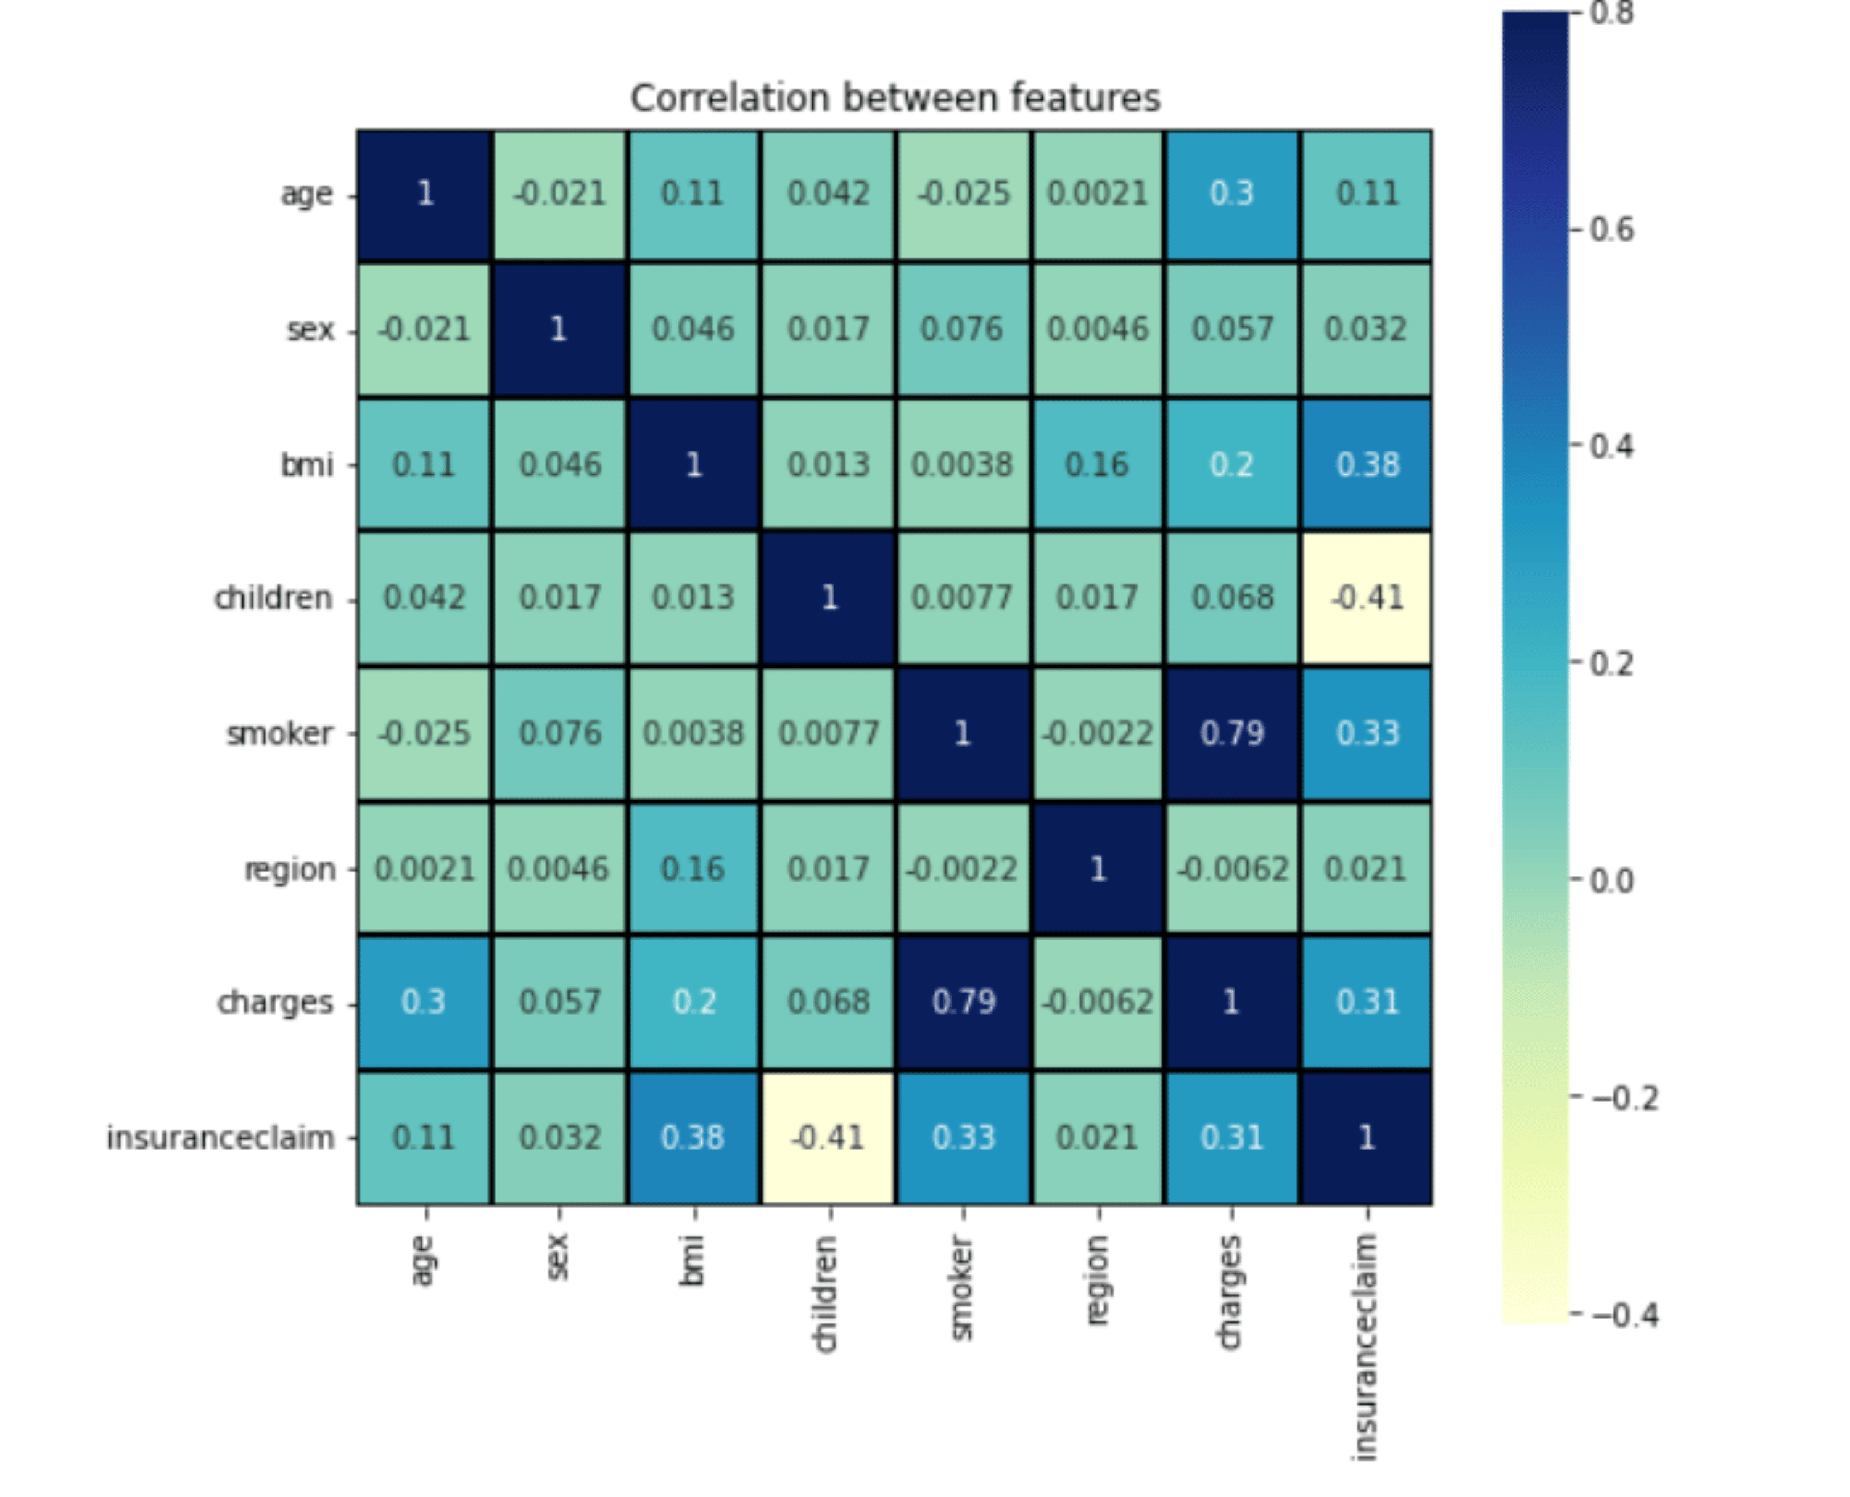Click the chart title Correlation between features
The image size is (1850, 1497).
(895, 98)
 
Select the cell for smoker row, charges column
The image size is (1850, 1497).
(1231, 734)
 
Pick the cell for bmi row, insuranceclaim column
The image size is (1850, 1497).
(1367, 465)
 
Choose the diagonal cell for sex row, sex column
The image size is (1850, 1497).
(559, 329)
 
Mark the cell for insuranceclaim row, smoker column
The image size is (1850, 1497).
(963, 1138)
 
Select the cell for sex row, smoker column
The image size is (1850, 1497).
(963, 329)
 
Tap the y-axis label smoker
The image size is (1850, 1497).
(279, 734)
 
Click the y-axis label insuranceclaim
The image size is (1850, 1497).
(221, 1138)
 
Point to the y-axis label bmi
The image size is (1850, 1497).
(307, 465)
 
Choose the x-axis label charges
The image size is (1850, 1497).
(1230, 1292)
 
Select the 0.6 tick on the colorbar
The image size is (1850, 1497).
(1611, 230)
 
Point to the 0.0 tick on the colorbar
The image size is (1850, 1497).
(1611, 881)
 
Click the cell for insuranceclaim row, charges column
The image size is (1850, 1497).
(1231, 1138)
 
